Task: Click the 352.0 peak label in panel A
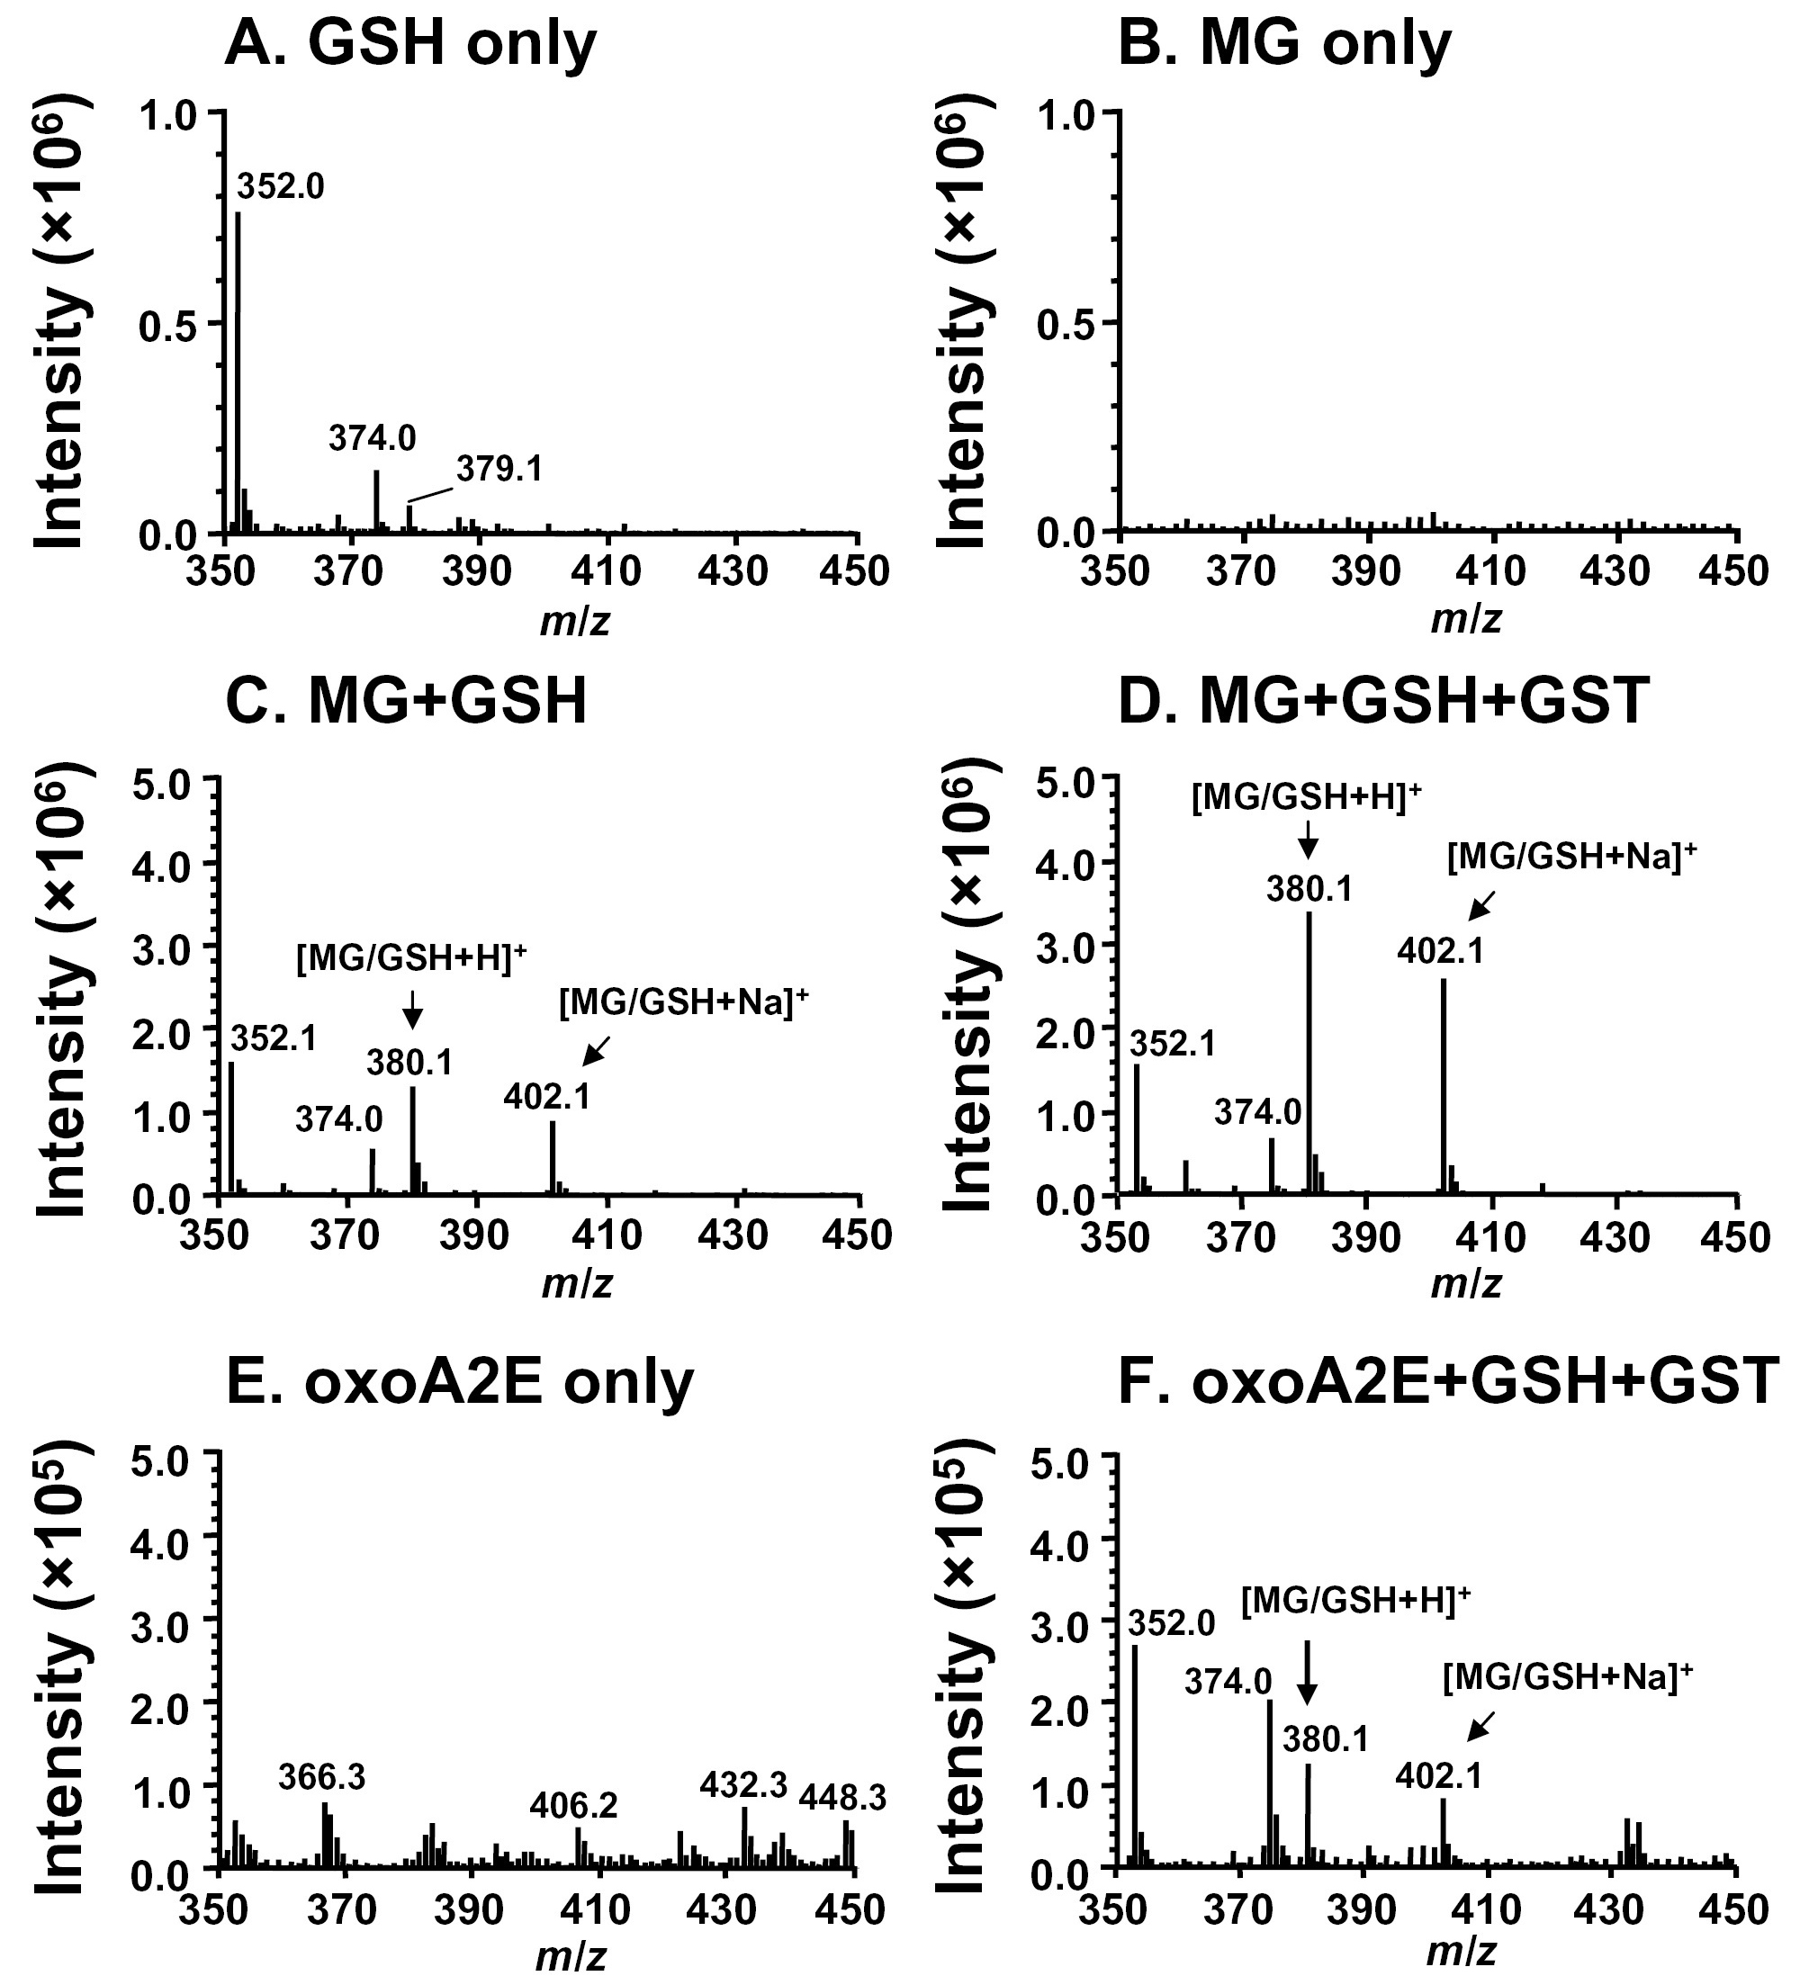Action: [x=281, y=185]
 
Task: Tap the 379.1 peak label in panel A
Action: [x=499, y=470]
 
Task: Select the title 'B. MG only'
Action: [x=1284, y=43]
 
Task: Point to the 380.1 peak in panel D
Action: [x=1309, y=1049]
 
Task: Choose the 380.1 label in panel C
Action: [x=409, y=1063]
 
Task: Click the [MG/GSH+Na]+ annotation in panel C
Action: [x=684, y=1002]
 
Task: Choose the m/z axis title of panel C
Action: [x=577, y=1282]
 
